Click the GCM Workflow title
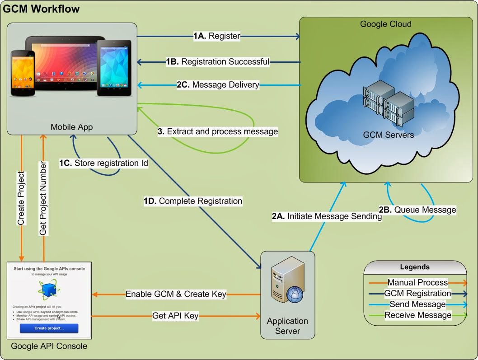tap(42, 9)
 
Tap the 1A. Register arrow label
tap(217, 36)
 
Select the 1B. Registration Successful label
tap(218, 61)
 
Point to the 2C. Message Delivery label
tap(218, 84)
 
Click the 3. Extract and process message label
tap(218, 131)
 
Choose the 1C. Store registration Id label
tap(103, 163)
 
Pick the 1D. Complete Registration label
tap(193, 201)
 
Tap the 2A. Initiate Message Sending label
tap(327, 216)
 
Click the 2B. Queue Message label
tap(417, 210)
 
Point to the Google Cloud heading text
tap(385, 24)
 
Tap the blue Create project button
tap(49, 328)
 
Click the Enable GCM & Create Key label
tap(176, 294)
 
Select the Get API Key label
tap(175, 316)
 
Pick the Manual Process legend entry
tap(417, 282)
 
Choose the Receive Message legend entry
tap(417, 315)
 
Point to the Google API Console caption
tap(49, 346)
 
